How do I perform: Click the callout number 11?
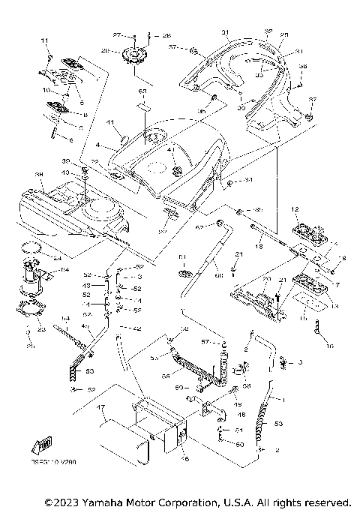pyautogui.click(x=44, y=40)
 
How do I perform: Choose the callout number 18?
pyautogui.click(x=258, y=245)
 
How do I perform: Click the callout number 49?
pyautogui.click(x=241, y=403)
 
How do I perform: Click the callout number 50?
pyautogui.click(x=241, y=445)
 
